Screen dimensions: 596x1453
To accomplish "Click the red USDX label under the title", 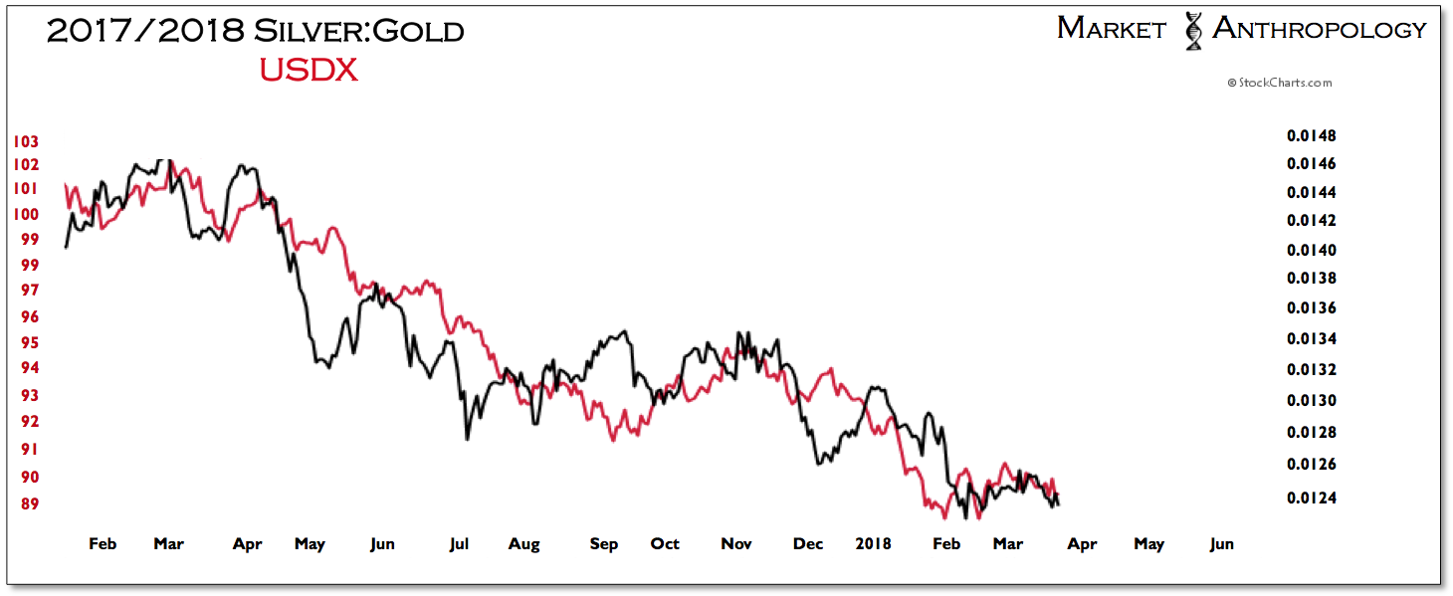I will tap(309, 71).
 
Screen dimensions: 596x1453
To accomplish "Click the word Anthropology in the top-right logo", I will tap(1319, 29).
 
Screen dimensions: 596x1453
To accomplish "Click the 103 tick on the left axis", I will tap(26, 141).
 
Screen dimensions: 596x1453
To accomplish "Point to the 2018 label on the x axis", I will tap(875, 543).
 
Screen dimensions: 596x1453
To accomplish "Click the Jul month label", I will tap(459, 543).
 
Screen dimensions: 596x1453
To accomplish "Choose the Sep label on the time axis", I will tap(603, 543).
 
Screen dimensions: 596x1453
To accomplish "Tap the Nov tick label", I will tap(735, 543).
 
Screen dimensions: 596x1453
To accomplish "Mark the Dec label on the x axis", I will tap(808, 543).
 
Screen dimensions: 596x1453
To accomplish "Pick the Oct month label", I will tap(665, 543).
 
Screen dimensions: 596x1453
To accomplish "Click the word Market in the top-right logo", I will tap(1111, 29).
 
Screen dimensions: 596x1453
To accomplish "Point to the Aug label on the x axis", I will tap(523, 543).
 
